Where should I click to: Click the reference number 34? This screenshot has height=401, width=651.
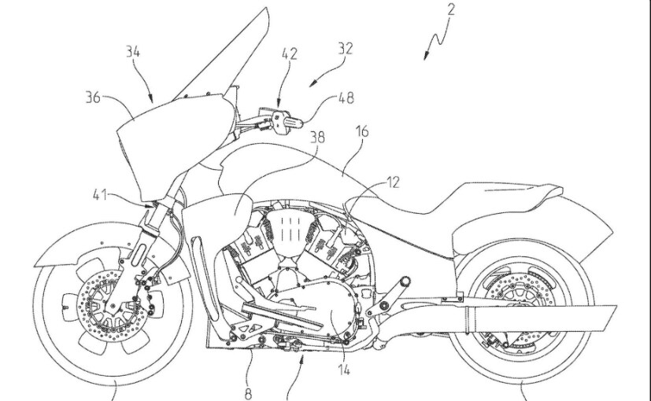[132, 53]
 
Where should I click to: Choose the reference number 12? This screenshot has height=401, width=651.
[393, 182]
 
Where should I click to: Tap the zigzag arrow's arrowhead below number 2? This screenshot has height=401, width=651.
[427, 57]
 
